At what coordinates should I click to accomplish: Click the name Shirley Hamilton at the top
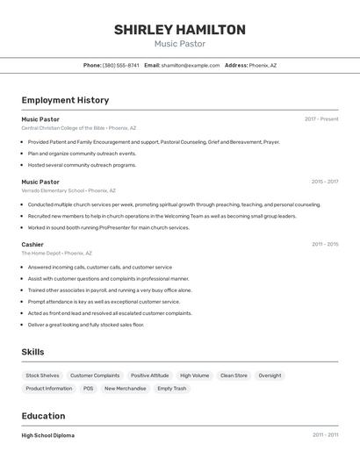coord(179,30)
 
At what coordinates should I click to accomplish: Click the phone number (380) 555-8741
coord(120,65)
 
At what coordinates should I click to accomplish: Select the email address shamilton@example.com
coord(191,65)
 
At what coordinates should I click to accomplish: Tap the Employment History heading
coord(65,100)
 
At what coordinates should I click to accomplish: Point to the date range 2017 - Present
coord(321,119)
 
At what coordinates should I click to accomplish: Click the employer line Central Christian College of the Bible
coord(78,128)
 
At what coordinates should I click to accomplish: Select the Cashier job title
coord(32,244)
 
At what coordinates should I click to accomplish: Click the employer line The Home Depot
coord(57,253)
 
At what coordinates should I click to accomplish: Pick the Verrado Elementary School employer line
coord(68,190)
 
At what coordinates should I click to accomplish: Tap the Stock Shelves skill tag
coord(43,376)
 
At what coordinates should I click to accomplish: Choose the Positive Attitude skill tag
coord(149,376)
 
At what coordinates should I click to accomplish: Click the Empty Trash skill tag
coord(171,388)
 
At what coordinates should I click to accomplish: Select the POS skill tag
coord(88,388)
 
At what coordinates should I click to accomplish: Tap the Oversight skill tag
coord(270,376)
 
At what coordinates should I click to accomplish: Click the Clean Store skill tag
coord(233,376)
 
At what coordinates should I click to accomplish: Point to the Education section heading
coord(43,416)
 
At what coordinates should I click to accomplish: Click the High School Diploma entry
coord(47,435)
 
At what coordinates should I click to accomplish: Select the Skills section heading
coord(32,352)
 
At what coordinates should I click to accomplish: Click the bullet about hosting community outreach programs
coord(82,165)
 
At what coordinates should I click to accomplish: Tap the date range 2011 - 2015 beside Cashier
coord(325,244)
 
